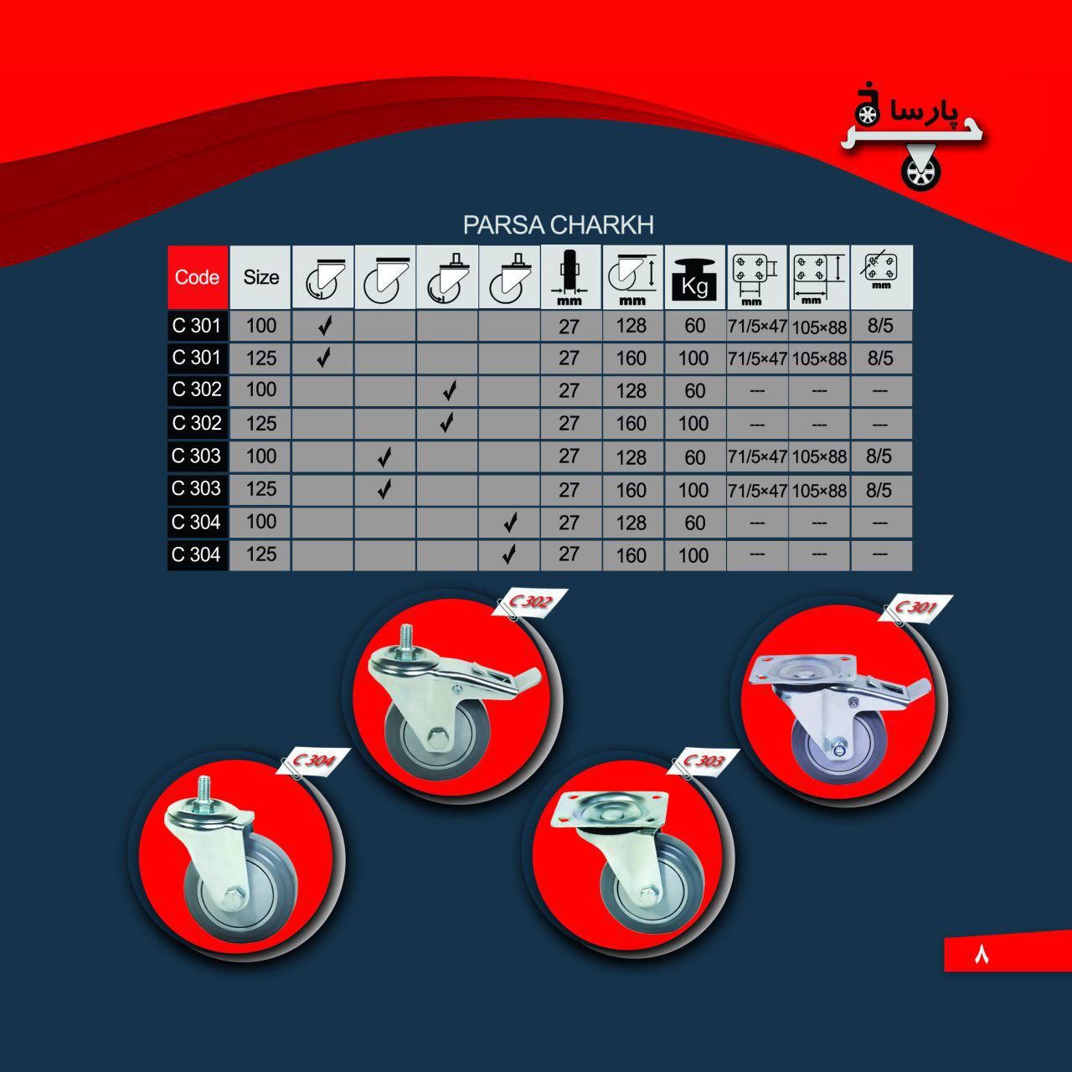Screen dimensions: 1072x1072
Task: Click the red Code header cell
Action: tap(198, 277)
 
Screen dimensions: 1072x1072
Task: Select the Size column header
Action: tap(261, 277)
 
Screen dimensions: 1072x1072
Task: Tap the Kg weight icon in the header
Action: tap(694, 277)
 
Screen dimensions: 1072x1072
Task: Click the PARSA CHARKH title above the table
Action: tap(558, 224)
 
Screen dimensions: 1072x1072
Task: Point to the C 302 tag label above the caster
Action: tap(529, 602)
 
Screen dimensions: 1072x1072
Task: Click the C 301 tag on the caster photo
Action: tap(915, 607)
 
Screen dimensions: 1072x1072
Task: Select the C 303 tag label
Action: tap(704, 761)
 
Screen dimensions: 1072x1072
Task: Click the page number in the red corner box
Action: tap(982, 955)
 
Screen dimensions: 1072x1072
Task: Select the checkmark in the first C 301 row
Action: tap(326, 326)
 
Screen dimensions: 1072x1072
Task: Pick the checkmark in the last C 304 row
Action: tap(509, 554)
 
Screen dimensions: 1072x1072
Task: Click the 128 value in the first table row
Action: tap(631, 326)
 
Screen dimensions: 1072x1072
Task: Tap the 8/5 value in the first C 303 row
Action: tap(879, 456)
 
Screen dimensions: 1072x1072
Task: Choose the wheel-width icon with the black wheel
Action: tap(569, 277)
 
